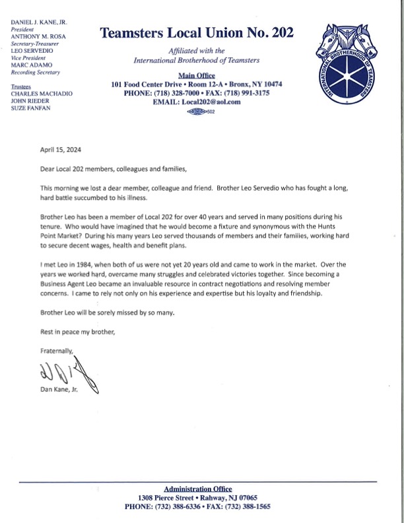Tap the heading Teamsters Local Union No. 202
pyautogui.click(x=197, y=33)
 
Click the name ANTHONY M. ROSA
pyautogui.click(x=38, y=37)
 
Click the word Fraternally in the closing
pyautogui.click(x=55, y=351)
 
